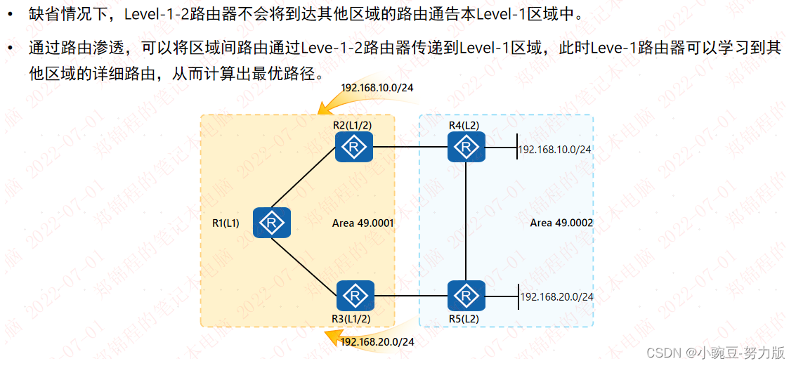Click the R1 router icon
point(271,223)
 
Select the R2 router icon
point(353,148)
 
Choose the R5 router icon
point(466,296)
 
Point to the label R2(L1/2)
point(353,125)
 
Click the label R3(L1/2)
point(351,318)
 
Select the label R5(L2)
point(464,318)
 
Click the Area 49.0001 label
point(363,223)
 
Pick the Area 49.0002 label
point(561,223)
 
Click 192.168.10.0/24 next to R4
point(555,150)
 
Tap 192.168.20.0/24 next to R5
point(556,297)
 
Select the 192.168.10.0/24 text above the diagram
point(377,88)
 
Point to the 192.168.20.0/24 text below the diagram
point(377,342)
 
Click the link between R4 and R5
point(466,221)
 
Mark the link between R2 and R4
point(410,148)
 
